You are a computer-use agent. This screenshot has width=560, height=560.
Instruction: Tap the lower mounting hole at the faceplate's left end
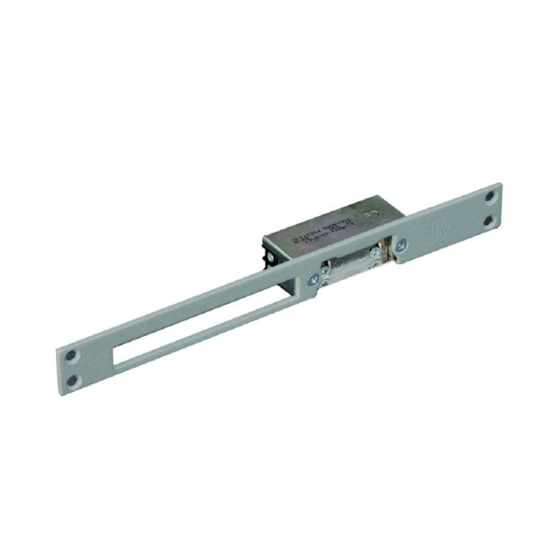pos(74,381)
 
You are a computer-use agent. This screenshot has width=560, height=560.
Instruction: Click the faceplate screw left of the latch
pos(314,278)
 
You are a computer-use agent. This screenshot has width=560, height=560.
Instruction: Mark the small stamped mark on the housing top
pos(370,215)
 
